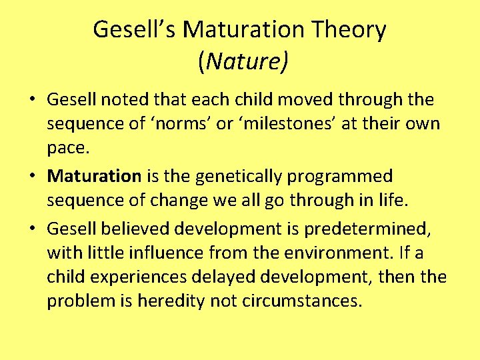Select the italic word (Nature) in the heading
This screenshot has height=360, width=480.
(x=243, y=62)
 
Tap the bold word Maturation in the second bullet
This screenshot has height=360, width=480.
(x=95, y=177)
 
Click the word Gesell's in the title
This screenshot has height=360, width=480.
(x=135, y=30)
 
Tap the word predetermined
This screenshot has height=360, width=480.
(x=367, y=229)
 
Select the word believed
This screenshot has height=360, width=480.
(x=137, y=229)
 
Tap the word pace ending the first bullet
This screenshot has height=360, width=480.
(x=67, y=149)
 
